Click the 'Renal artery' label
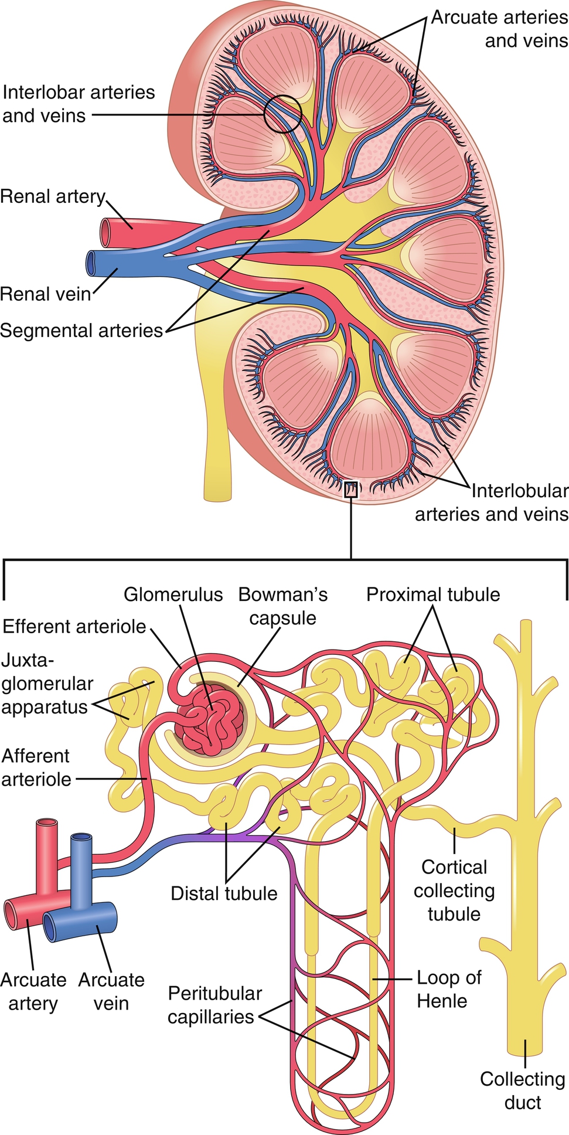(x=53, y=196)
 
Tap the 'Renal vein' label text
(x=46, y=293)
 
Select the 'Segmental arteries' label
(x=81, y=331)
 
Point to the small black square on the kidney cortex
(x=350, y=490)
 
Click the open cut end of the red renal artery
(x=106, y=233)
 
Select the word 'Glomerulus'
(x=173, y=594)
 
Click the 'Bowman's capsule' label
(x=283, y=606)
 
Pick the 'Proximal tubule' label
(x=433, y=594)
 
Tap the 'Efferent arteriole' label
(x=74, y=626)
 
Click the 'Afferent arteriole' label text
(x=36, y=767)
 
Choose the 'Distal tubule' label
(x=224, y=893)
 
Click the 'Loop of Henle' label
(x=449, y=989)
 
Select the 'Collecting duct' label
(x=523, y=1090)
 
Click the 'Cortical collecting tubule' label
(x=454, y=891)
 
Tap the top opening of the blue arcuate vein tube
(x=81, y=839)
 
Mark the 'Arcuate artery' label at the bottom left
(x=33, y=991)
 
